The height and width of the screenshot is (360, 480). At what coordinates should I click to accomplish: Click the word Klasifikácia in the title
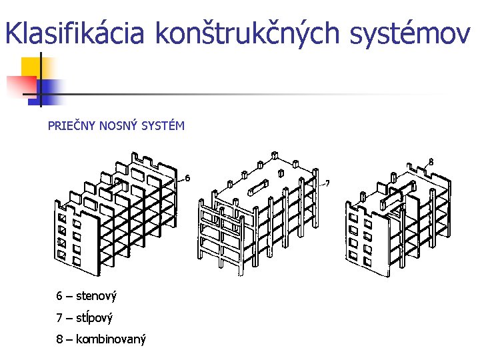click(x=75, y=33)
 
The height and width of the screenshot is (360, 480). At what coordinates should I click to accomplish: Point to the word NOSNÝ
click(x=119, y=125)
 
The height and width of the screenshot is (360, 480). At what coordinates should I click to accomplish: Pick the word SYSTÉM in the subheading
click(x=163, y=125)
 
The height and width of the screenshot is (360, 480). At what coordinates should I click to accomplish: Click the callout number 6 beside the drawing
click(x=187, y=178)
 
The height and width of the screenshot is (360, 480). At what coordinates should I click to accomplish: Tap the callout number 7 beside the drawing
click(x=327, y=183)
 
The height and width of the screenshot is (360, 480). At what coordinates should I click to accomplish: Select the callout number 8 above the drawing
click(x=431, y=161)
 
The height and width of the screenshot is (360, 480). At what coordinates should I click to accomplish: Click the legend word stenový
click(x=97, y=295)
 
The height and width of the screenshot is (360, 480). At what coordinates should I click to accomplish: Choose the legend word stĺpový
click(x=94, y=317)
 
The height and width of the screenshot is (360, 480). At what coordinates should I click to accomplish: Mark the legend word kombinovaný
click(x=111, y=339)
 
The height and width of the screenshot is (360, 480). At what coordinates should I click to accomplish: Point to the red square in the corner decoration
click(x=20, y=85)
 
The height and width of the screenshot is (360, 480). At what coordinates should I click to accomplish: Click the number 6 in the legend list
click(x=60, y=295)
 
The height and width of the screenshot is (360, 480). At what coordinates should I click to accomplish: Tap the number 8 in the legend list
click(x=60, y=339)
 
